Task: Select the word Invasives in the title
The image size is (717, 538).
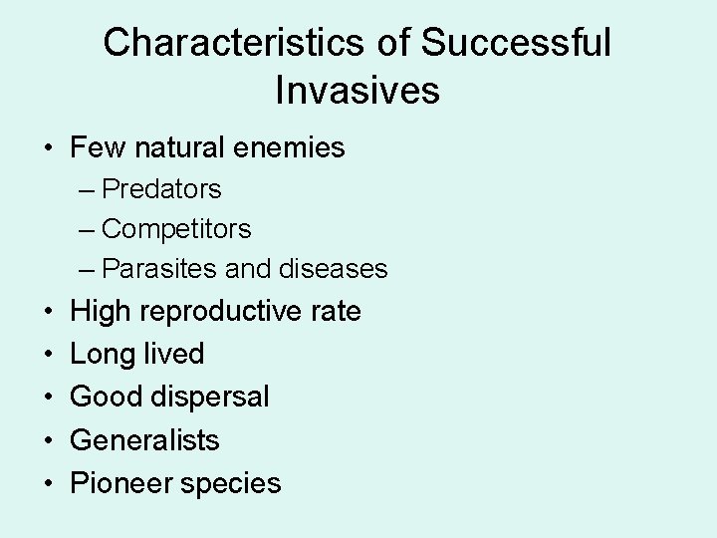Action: coord(358,91)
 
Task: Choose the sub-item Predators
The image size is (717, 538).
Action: coord(161,188)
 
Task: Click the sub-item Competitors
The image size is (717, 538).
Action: coord(176,228)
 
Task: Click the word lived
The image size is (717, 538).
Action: coord(174,354)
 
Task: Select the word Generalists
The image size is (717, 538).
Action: coord(144,439)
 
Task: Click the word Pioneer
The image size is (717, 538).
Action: coord(118,483)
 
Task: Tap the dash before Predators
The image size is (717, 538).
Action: coord(87,189)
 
